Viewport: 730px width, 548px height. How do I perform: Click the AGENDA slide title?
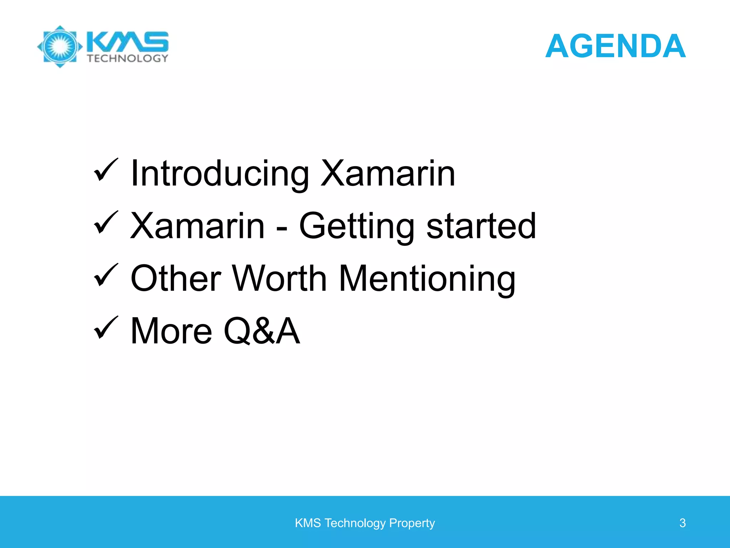coord(615,46)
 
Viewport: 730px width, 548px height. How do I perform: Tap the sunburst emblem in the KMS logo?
coord(60,46)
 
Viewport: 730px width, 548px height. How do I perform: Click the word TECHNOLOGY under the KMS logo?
coord(128,59)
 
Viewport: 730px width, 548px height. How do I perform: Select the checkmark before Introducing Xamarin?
coord(105,171)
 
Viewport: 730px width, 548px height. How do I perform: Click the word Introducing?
coord(220,174)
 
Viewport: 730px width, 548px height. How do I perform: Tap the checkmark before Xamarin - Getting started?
coord(105,223)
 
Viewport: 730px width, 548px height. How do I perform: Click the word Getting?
coord(356,227)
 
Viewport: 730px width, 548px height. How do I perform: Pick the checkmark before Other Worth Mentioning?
coord(105,275)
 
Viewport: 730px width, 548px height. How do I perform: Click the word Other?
coord(176,278)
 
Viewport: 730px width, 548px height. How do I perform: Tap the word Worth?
coord(280,278)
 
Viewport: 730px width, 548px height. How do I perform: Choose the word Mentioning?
coord(427,279)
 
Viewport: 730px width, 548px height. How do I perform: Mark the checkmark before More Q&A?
coord(105,328)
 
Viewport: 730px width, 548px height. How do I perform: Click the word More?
coord(171,331)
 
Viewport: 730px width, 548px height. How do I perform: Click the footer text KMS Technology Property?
coord(365,523)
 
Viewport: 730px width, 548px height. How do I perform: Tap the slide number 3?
coord(682,523)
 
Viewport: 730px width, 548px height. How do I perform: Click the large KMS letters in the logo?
coord(128,42)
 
